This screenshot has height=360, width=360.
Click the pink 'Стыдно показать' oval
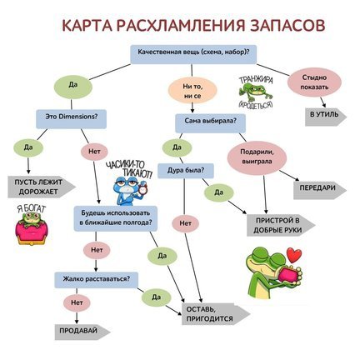[x=314, y=85]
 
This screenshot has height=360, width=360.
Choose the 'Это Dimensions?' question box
[x=70, y=118]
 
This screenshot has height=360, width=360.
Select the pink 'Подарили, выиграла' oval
[x=258, y=156]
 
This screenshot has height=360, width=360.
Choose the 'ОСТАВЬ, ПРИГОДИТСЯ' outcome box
[x=212, y=314]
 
